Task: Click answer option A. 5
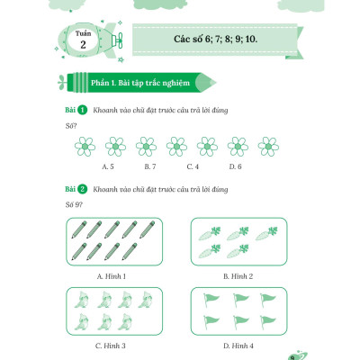tap(108, 166)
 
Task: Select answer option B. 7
tap(150, 166)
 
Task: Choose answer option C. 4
tap(193, 166)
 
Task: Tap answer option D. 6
tap(235, 166)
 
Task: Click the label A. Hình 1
tap(112, 276)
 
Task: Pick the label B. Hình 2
tap(238, 276)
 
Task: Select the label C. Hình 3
tap(111, 346)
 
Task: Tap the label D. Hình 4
tap(238, 346)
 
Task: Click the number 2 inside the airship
tap(83, 45)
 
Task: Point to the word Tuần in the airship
tap(83, 33)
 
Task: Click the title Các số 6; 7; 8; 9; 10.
tap(215, 39)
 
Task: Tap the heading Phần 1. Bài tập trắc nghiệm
tap(140, 83)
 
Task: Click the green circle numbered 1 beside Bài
tap(82, 110)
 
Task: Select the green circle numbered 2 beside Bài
tap(82, 189)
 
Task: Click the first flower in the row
tap(85, 147)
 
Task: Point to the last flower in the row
tap(268, 147)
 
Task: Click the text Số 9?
tap(74, 205)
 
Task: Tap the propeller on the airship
tap(121, 40)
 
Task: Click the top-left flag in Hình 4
tap(211, 300)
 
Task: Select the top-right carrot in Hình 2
tap(266, 233)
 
